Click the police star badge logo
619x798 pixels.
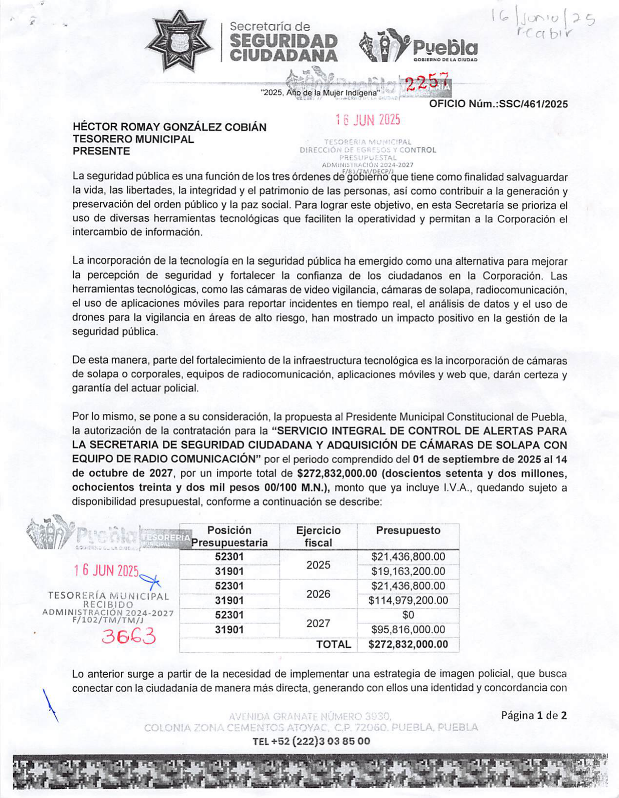point(180,40)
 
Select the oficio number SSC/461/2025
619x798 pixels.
point(498,104)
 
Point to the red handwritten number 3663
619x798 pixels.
point(128,636)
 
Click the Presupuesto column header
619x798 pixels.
point(408,531)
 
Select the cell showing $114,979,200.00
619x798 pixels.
point(408,601)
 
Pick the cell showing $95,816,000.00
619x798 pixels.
point(408,630)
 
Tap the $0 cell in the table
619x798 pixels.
point(408,615)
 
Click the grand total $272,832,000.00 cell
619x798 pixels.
point(408,644)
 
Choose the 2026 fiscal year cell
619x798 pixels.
point(318,594)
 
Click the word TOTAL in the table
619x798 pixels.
point(333,644)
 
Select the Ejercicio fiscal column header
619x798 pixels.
point(318,536)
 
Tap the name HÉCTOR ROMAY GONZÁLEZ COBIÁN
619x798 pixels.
point(170,127)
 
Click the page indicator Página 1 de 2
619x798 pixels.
point(534,716)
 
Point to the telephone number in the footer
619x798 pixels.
point(311,741)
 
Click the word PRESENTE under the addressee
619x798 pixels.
point(101,151)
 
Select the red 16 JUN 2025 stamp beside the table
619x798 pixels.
point(107,571)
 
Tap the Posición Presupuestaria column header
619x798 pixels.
point(230,536)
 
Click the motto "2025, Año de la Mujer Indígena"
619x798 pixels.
point(320,93)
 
